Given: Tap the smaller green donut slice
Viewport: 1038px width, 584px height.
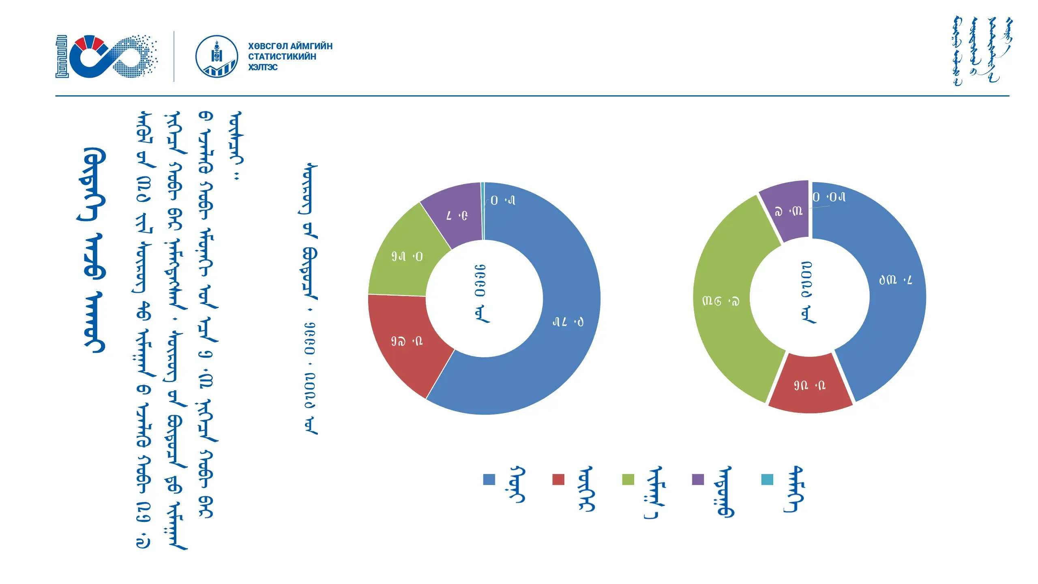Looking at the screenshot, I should [x=401, y=255].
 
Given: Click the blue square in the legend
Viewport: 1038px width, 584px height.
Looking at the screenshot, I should [x=489, y=479].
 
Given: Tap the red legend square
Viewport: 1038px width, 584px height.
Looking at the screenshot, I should [x=558, y=479].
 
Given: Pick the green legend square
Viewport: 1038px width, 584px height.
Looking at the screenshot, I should [x=628, y=479].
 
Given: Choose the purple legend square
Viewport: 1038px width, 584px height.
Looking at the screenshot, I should [x=698, y=479].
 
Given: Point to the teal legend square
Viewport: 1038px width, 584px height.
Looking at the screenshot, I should [x=767, y=479].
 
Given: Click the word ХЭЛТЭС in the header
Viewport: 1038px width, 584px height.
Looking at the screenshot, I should [x=263, y=67].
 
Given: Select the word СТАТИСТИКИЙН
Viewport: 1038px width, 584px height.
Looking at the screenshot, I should [x=282, y=57].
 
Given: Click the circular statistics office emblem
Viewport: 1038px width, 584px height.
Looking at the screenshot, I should [x=217, y=57].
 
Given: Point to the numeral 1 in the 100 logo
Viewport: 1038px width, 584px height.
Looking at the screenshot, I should [x=62, y=56].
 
